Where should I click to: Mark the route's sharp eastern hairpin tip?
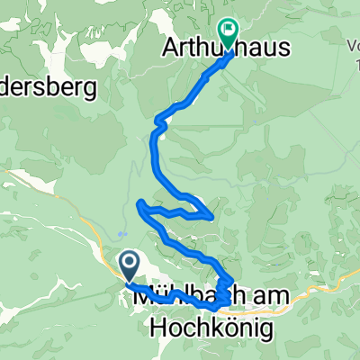click(211, 216)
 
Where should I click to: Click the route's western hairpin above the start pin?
click(139, 206)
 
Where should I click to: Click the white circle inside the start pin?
click(129, 263)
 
